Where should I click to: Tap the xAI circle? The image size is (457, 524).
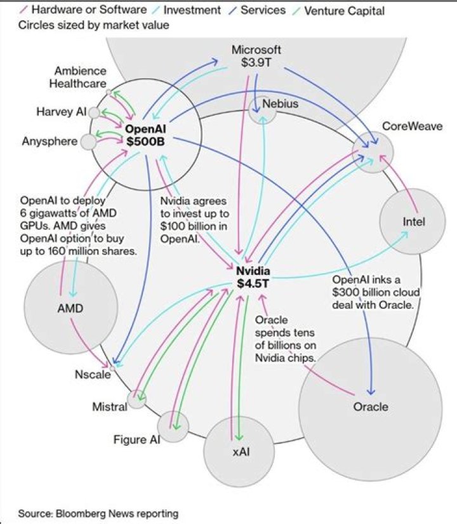(x=241, y=452)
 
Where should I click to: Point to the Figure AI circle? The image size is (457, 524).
(x=173, y=426)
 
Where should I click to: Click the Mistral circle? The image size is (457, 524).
(x=136, y=400)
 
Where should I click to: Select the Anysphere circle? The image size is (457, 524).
(x=89, y=141)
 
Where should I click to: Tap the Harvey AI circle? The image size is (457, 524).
(x=94, y=112)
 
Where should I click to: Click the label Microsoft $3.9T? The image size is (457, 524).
(x=256, y=56)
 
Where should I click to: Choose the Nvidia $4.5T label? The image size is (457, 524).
(x=253, y=276)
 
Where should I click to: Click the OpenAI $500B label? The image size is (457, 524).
(x=145, y=135)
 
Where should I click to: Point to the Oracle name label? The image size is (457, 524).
(x=370, y=406)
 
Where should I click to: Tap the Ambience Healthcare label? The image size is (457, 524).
(x=80, y=77)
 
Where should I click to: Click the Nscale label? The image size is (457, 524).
(x=93, y=374)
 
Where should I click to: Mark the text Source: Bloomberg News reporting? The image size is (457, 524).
(x=98, y=513)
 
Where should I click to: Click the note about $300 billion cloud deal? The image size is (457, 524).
(x=374, y=292)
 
